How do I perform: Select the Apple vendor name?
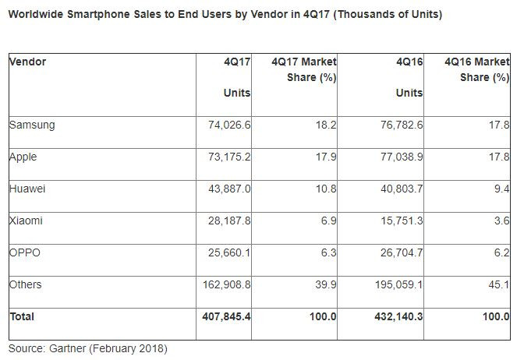pos(23,157)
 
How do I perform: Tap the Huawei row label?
pos(27,189)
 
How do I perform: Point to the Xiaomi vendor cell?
pos(26,221)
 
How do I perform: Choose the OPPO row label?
pos(25,252)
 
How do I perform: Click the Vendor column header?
pos(27,62)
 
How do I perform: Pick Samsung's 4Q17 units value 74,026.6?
pos(226,125)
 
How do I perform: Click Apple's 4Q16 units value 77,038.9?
pos(398,157)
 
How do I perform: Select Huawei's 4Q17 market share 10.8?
pos(324,189)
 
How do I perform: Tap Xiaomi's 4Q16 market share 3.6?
pos(502,221)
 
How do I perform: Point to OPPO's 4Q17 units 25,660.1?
pos(226,252)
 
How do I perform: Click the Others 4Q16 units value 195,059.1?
pos(395,284)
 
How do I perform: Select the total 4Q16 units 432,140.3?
pos(395,317)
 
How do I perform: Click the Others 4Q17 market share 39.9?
pos(324,284)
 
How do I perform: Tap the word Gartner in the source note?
pos(69,348)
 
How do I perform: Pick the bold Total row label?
pos(22,317)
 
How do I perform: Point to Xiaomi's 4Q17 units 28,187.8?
pos(226,221)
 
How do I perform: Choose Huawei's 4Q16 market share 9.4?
pos(502,189)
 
